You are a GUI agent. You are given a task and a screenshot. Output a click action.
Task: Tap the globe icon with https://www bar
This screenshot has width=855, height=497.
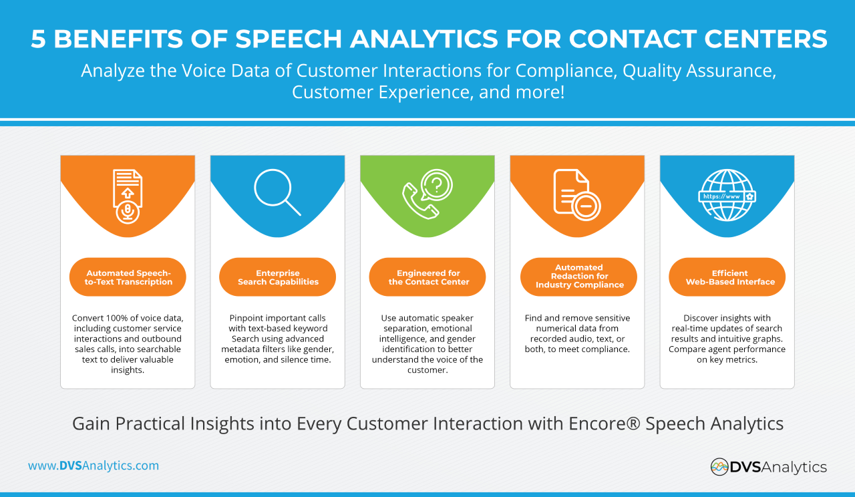727,195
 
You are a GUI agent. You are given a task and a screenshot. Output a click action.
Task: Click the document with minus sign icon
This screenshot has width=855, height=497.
576,194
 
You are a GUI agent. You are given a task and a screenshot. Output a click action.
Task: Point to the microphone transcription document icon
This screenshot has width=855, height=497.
127,195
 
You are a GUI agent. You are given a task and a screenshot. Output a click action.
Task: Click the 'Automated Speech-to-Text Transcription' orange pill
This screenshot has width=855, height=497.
128,277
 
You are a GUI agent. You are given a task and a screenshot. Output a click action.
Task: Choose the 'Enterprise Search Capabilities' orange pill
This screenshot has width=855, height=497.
278,277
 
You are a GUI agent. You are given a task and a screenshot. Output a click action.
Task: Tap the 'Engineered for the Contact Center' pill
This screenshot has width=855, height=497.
427,277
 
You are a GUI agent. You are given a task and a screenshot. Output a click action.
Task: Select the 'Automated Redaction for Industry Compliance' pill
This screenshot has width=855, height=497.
578,277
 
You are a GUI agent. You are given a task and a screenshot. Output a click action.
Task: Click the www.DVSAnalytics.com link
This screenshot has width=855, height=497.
94,466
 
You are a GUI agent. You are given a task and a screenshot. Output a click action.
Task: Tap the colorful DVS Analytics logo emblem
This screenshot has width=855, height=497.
719,466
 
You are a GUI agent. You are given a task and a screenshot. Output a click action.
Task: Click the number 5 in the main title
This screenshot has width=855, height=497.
38,39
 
